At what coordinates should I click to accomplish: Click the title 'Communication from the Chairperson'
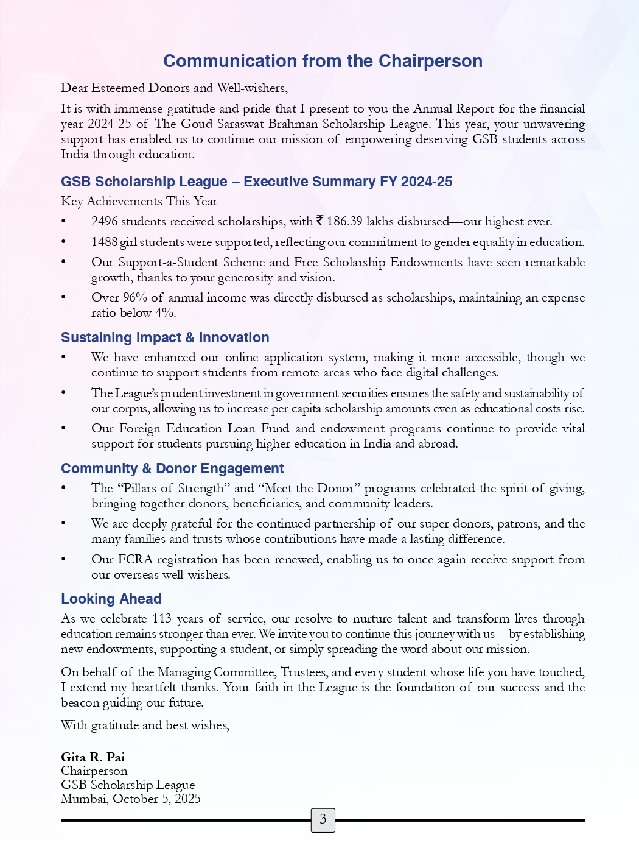[323, 61]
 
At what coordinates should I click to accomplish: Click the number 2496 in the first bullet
[105, 221]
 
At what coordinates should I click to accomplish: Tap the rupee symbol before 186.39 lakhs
[319, 221]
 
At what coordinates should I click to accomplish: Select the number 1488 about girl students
[104, 242]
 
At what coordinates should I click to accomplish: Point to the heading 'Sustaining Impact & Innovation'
[165, 337]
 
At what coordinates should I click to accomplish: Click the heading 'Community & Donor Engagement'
[172, 468]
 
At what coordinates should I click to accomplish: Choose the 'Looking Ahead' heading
[111, 599]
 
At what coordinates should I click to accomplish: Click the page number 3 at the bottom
[323, 819]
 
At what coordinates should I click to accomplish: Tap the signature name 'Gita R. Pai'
[93, 757]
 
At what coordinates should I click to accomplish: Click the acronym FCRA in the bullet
[135, 559]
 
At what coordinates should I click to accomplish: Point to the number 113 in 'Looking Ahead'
[162, 618]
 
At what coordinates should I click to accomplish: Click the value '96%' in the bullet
[135, 297]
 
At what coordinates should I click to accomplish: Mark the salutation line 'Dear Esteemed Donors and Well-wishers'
[174, 88]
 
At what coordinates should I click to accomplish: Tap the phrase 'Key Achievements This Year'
[139, 201]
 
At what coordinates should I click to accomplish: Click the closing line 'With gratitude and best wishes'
[145, 725]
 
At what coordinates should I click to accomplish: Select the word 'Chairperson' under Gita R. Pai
[94, 771]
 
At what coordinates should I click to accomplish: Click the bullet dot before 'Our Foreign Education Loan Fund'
[64, 429]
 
